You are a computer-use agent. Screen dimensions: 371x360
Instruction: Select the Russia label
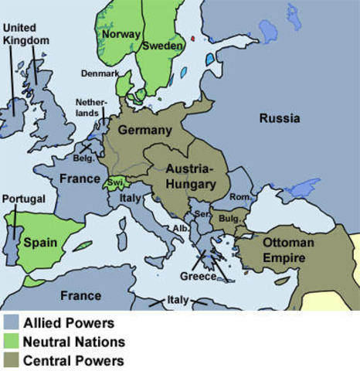(x=279, y=118)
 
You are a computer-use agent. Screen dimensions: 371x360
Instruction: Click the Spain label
(x=39, y=242)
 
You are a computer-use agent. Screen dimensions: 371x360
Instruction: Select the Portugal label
(x=24, y=199)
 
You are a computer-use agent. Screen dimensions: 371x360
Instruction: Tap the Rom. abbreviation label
(x=240, y=197)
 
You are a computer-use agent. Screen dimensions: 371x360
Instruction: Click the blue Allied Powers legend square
(x=11, y=322)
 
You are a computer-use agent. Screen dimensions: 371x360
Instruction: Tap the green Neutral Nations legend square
(x=11, y=341)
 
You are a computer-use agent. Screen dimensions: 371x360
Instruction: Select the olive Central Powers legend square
(x=11, y=359)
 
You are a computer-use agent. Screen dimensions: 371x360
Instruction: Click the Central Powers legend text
(x=73, y=359)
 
